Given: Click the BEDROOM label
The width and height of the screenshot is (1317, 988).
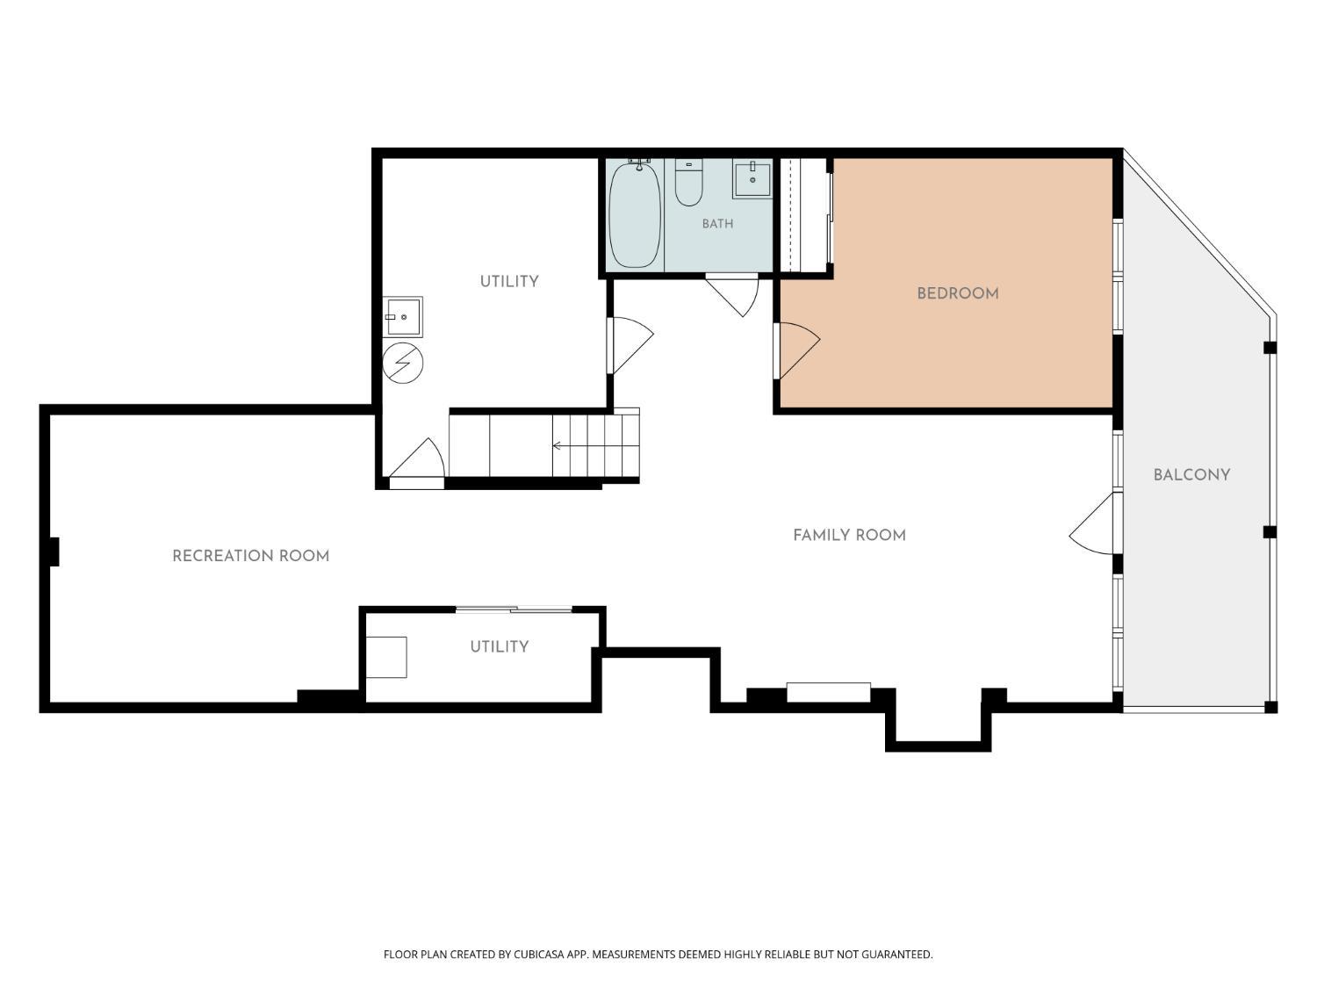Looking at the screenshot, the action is point(958,293).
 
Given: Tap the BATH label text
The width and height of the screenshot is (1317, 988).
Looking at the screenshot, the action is point(717,224).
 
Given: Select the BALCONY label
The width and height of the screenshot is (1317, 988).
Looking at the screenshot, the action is point(1191,475).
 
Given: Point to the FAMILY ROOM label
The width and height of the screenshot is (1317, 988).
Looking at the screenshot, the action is point(849,535).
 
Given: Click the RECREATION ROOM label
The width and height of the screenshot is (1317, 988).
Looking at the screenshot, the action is point(251,556).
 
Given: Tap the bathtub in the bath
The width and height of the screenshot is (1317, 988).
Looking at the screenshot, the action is point(635,213).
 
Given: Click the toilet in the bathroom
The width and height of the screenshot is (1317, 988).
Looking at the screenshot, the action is point(689,183).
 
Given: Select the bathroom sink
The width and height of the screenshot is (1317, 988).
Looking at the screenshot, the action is point(752,178).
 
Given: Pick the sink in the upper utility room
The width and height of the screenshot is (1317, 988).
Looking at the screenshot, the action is point(403,317).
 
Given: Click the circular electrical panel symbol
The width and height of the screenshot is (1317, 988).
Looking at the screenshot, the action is point(403,363).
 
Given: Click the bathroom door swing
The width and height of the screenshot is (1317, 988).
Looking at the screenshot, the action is point(733,294).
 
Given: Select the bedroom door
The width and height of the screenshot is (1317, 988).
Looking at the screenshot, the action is point(797,351).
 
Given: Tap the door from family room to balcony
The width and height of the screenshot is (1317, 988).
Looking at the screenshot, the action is point(1092,523).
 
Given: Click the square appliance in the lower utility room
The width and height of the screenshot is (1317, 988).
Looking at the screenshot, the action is point(386,657).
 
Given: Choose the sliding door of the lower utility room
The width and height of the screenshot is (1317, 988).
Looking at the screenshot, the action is point(514,609).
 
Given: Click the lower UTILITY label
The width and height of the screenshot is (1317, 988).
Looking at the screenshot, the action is point(500,646).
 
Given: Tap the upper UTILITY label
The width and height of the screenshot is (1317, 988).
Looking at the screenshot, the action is point(509,281).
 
